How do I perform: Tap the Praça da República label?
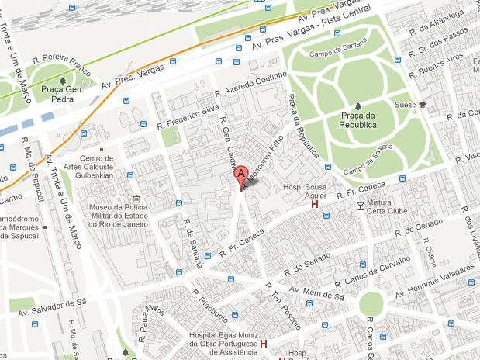tap(357, 120)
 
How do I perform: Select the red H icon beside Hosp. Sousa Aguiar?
tap(314, 204)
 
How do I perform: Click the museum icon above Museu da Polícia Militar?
tap(137, 197)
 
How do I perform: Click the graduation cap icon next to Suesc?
tap(423, 104)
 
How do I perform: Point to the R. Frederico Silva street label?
tap(188, 112)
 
